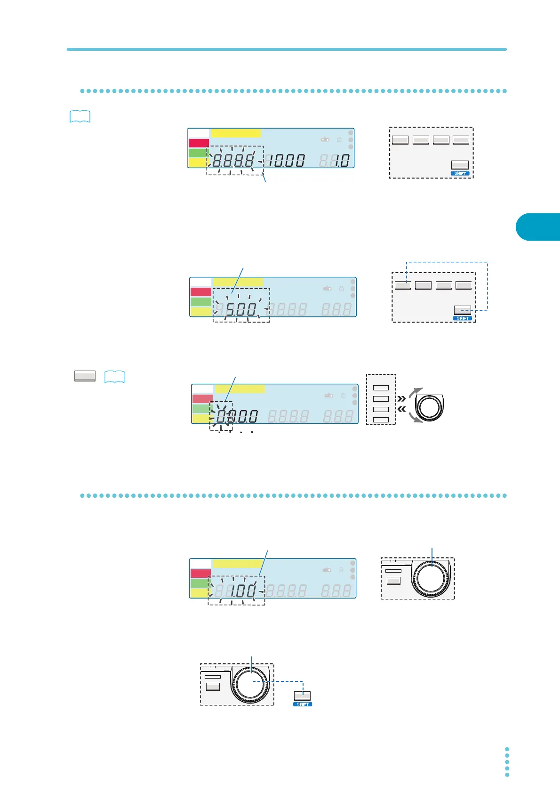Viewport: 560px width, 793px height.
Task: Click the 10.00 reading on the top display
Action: point(287,161)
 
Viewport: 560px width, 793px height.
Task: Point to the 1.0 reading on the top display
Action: point(342,161)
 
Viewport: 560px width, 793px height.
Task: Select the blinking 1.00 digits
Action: point(243,591)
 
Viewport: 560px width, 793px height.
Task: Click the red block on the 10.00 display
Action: point(199,143)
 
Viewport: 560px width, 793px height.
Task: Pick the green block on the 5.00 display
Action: point(201,301)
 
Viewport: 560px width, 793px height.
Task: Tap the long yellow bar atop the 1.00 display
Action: point(237,564)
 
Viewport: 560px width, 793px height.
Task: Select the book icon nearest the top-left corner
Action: point(80,117)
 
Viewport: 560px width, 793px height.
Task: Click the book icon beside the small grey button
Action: point(115,377)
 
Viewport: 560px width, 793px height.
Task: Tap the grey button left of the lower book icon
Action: point(85,376)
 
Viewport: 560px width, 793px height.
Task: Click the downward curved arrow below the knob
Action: point(416,418)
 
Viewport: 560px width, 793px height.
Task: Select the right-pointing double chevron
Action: point(402,398)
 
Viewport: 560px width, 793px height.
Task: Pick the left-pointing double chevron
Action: point(402,410)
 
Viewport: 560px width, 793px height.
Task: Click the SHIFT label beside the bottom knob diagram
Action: point(303,704)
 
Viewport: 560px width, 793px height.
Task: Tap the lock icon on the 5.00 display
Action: point(341,288)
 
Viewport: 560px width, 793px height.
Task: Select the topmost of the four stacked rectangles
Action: point(381,388)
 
